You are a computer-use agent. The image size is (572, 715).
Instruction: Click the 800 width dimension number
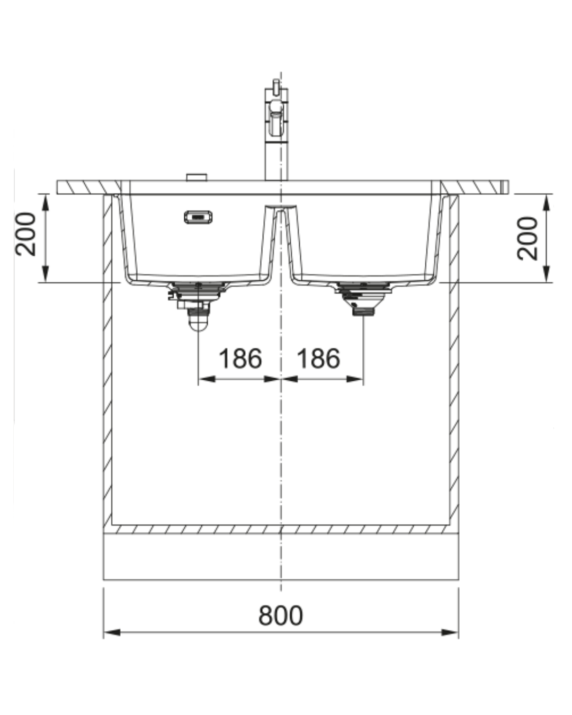(x=281, y=615)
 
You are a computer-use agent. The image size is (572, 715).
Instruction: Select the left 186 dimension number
(x=240, y=359)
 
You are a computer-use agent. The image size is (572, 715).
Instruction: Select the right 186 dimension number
(x=318, y=359)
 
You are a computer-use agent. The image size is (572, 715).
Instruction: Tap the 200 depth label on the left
(x=25, y=234)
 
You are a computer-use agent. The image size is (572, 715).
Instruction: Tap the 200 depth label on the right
(x=527, y=238)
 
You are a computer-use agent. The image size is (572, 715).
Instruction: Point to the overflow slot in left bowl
(x=198, y=217)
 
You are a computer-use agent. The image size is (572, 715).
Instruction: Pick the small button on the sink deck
(x=197, y=177)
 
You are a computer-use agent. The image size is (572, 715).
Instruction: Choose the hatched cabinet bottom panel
(x=281, y=529)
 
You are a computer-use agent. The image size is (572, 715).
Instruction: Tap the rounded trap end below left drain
(x=198, y=324)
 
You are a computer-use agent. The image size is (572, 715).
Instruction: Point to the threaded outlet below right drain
(x=363, y=311)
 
